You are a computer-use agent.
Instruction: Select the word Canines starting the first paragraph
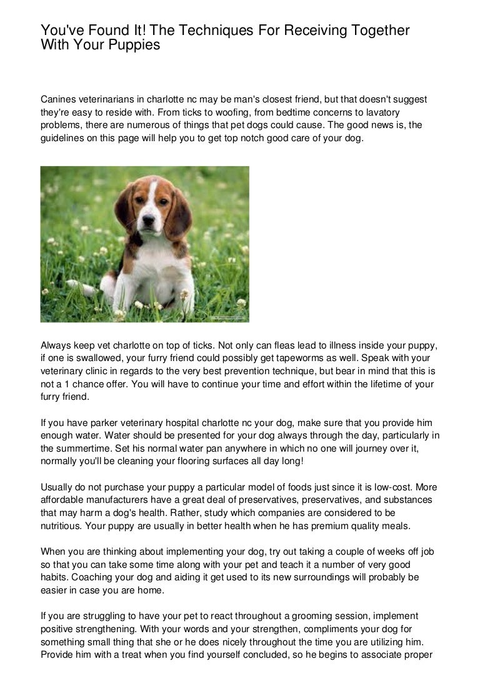pyautogui.click(x=59, y=100)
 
